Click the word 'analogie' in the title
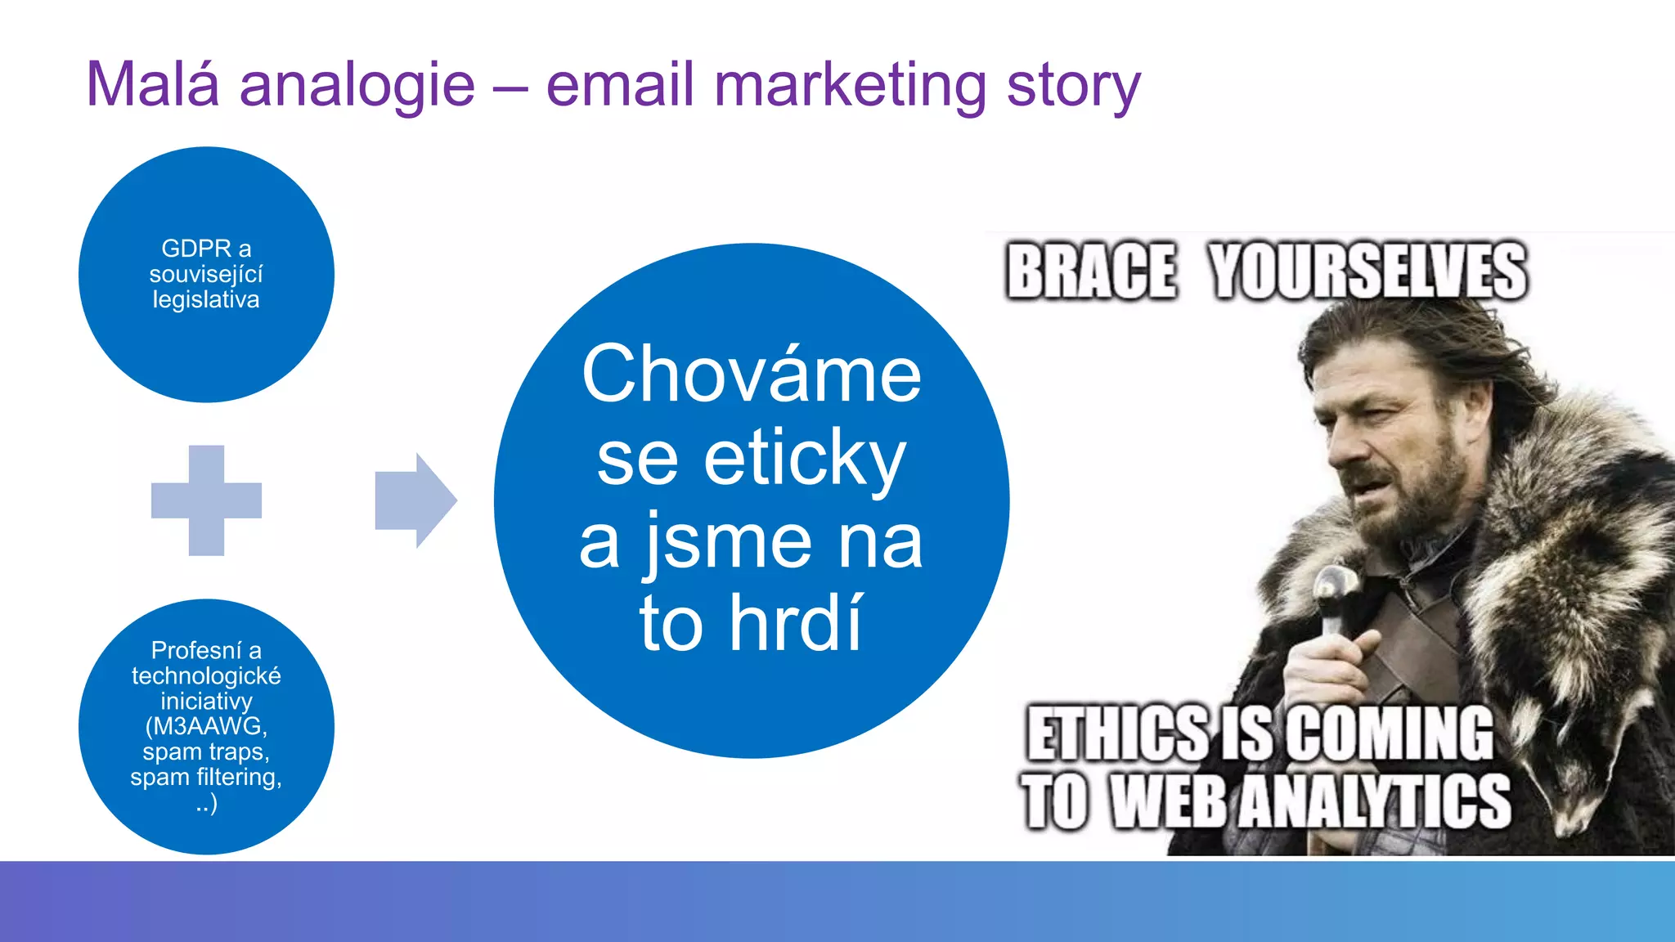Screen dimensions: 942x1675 point(357,85)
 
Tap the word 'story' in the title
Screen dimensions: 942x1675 point(1073,85)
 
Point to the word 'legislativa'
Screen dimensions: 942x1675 point(206,299)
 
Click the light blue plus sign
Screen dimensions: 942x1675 point(206,500)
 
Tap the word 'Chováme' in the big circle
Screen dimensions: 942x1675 point(752,375)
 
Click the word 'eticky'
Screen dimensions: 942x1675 point(805,458)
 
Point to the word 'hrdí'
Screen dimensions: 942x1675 point(795,623)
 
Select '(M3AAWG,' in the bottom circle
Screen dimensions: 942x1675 point(206,726)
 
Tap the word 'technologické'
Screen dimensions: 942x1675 point(206,675)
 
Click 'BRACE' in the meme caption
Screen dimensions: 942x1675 point(1091,271)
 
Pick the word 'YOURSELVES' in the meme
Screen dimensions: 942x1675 point(1367,271)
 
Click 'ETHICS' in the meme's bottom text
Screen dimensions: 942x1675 point(1117,733)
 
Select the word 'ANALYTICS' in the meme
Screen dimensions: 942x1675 point(1374,801)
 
